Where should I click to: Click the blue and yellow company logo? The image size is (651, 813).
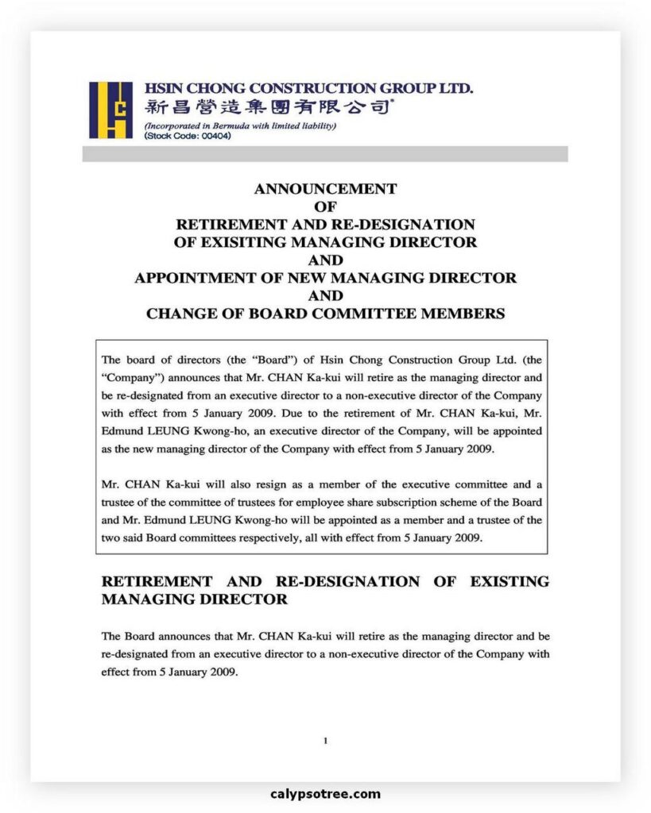point(110,110)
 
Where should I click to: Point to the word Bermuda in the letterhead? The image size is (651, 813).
point(233,126)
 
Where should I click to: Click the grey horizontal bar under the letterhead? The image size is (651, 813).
point(324,153)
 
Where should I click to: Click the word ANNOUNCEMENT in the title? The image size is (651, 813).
point(325,189)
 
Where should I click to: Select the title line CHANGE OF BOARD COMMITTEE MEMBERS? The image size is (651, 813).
point(325,314)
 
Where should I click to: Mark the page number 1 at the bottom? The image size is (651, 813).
point(325,741)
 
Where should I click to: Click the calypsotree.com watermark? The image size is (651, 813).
point(325,794)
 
